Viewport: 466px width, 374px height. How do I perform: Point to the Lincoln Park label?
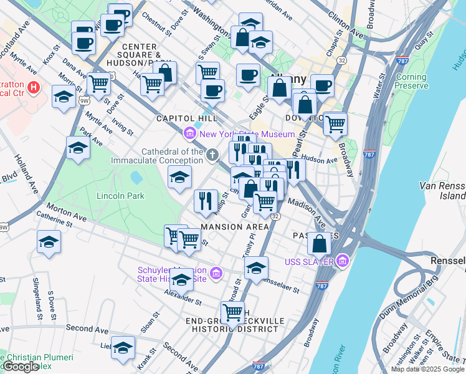tap(120, 196)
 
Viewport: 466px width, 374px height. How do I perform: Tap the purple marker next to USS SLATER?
tap(342, 262)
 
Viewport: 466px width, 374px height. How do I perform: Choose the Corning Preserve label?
tap(411, 82)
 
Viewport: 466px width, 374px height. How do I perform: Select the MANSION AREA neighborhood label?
tap(230, 227)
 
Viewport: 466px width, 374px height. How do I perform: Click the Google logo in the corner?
tap(21, 367)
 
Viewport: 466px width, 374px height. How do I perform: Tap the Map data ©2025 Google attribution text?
tap(427, 369)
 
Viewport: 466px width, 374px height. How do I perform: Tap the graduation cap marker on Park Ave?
tap(78, 148)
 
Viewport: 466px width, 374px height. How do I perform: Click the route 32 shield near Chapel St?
tap(343, 60)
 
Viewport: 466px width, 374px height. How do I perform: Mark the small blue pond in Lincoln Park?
tap(136, 178)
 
